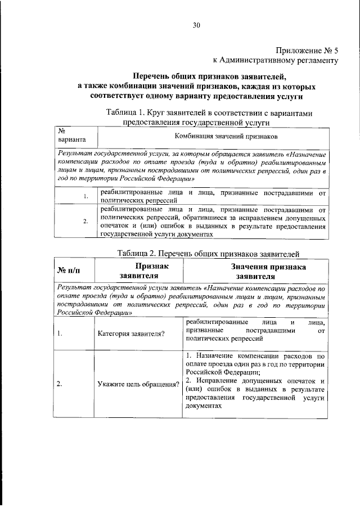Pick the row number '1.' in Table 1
(x=85, y=196)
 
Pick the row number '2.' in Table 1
(x=85, y=221)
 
